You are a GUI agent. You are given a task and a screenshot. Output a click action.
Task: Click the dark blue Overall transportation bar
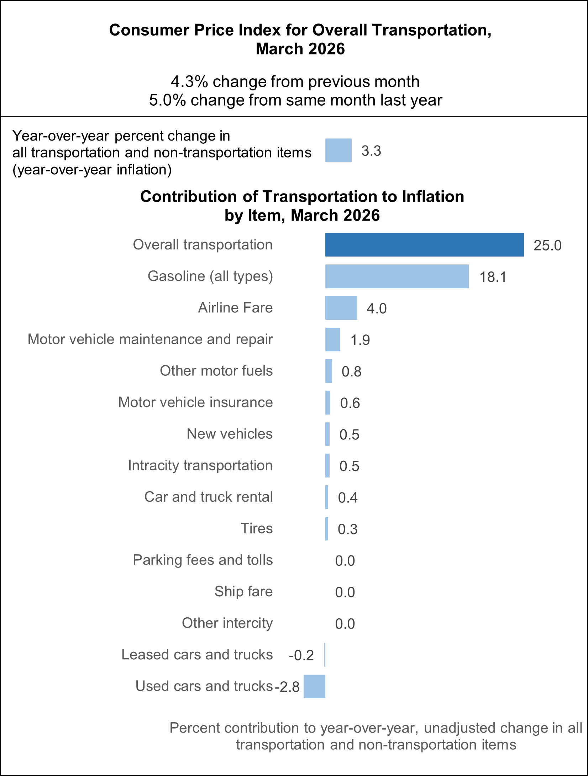pyautogui.click(x=424, y=245)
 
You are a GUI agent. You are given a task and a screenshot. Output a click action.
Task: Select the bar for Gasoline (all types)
pyautogui.click(x=397, y=276)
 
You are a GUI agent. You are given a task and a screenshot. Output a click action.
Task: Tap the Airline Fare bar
pyautogui.click(x=341, y=308)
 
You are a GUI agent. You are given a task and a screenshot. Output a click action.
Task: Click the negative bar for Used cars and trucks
pyautogui.click(x=314, y=686)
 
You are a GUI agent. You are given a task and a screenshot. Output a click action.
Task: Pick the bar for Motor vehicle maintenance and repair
pyautogui.click(x=332, y=339)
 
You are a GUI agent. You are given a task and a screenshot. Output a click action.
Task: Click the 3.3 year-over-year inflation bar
pyautogui.click(x=338, y=151)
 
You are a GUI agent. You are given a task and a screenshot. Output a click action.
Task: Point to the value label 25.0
pyautogui.click(x=547, y=246)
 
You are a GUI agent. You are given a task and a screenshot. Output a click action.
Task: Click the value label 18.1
pyautogui.click(x=493, y=277)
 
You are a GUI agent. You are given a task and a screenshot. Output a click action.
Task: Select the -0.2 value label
pyautogui.click(x=301, y=655)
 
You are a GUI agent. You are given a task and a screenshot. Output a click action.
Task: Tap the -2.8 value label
pyautogui.click(x=287, y=687)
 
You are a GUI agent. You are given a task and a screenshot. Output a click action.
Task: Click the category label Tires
pyautogui.click(x=256, y=528)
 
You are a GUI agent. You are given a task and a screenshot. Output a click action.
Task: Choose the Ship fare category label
pyautogui.click(x=243, y=591)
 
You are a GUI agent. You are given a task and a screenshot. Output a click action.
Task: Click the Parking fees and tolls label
pyautogui.click(x=203, y=560)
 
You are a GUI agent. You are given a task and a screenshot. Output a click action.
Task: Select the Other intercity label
pyautogui.click(x=227, y=623)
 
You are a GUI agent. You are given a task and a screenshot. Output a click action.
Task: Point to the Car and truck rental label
pyautogui.click(x=208, y=497)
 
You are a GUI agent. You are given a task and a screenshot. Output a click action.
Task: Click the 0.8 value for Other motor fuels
pyautogui.click(x=351, y=372)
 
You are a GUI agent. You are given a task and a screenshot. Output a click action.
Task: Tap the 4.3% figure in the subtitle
pyautogui.click(x=189, y=82)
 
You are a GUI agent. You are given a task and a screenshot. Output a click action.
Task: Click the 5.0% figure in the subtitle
pyautogui.click(x=167, y=100)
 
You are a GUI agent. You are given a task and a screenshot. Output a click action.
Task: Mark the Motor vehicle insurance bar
pyautogui.click(x=327, y=402)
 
